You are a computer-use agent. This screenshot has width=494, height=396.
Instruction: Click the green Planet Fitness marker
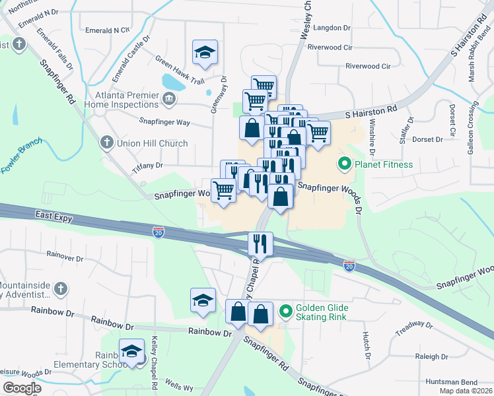(x=344, y=164)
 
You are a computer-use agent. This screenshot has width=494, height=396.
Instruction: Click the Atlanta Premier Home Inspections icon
(x=169, y=100)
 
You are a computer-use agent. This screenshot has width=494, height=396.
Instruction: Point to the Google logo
(x=21, y=388)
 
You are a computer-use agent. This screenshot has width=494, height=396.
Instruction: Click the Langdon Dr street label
(x=334, y=28)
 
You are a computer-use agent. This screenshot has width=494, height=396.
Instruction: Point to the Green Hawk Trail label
(x=180, y=69)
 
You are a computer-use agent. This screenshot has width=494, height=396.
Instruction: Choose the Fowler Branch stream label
(x=22, y=155)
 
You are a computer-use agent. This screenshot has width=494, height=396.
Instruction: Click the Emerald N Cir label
(x=108, y=30)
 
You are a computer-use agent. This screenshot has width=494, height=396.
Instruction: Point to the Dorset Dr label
(x=427, y=139)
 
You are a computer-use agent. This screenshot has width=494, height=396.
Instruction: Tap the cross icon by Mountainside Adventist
(x=60, y=288)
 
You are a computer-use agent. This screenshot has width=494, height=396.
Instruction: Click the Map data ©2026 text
(x=465, y=391)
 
